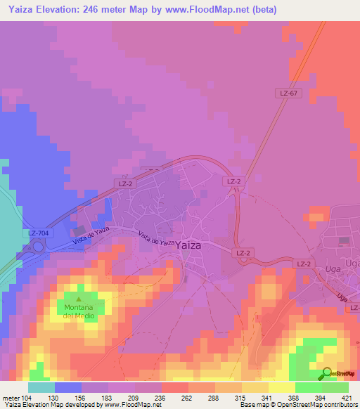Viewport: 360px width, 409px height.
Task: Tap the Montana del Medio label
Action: pyautogui.click(x=79, y=311)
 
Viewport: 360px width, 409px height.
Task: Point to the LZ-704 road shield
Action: pyautogui.click(x=39, y=233)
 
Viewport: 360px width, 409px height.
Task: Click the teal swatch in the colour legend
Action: pyautogui.click(x=41, y=387)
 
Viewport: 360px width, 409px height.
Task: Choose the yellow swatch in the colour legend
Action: pyautogui.click(x=281, y=387)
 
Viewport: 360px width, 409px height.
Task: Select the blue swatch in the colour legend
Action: pyautogui.click(x=67, y=387)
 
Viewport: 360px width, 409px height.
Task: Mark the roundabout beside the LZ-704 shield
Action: pyautogui.click(x=37, y=246)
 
